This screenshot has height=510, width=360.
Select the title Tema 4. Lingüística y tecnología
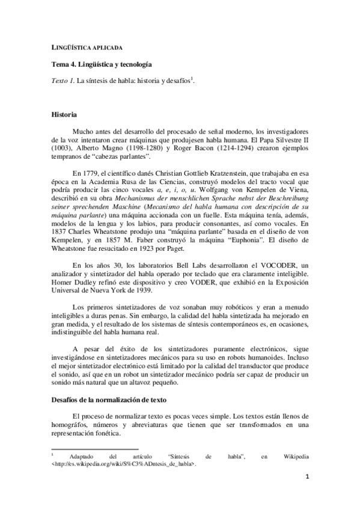click(101, 64)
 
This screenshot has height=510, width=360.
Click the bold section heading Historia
click(64, 113)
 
